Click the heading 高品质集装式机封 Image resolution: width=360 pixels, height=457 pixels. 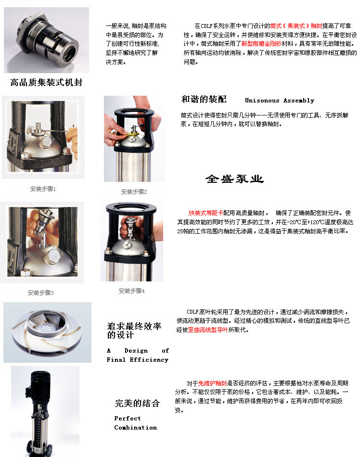[x=46, y=82]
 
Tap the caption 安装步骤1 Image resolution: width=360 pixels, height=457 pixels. [x=43, y=189]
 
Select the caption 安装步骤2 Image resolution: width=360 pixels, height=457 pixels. [x=133, y=191]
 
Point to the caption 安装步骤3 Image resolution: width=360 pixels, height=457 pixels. [x=40, y=292]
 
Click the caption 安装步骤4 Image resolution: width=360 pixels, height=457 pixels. [x=131, y=291]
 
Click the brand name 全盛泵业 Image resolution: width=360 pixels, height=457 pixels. [x=234, y=179]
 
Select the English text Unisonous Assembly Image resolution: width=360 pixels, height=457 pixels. [x=279, y=101]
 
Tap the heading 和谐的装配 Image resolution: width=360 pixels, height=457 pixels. [x=204, y=100]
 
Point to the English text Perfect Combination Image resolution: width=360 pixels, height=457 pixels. [x=135, y=423]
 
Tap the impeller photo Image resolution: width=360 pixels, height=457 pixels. [x=47, y=332]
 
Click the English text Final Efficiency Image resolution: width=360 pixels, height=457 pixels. [x=137, y=359]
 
